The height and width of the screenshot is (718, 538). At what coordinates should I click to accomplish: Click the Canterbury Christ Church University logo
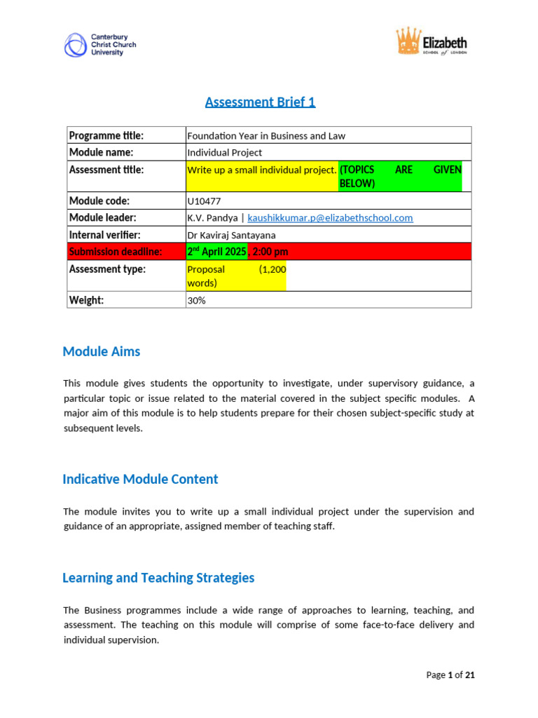pos(99,44)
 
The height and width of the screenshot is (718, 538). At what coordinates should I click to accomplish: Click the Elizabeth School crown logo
pos(431,43)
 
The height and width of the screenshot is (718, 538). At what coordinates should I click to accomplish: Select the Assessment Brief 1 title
pos(260,102)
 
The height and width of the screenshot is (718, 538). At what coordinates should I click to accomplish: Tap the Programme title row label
pos(106,135)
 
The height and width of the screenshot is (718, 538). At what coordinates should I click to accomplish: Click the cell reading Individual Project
pos(224,152)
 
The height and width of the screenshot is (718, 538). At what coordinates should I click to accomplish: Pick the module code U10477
pos(203,201)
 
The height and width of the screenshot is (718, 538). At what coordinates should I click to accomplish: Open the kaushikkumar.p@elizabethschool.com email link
pos(330,217)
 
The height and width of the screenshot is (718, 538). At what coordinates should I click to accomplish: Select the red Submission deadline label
pos(115,252)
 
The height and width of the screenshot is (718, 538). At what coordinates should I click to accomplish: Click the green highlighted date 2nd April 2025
pos(216,252)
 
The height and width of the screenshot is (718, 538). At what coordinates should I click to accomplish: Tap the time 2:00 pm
pos(270,252)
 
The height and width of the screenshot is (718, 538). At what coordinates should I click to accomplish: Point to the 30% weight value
pos(196,300)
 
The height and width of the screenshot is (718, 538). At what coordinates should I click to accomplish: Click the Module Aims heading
pos(101,352)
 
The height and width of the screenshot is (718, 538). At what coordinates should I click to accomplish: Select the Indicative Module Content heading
pos(140,480)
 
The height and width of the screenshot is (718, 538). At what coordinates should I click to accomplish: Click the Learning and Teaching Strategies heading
pos(158,578)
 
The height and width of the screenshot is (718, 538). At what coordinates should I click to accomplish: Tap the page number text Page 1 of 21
pos(450,675)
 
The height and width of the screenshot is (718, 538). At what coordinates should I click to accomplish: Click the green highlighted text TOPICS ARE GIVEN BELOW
pos(400,177)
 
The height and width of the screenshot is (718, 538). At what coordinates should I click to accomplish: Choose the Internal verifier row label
pos(104,234)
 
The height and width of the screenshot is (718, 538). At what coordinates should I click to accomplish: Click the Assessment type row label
pos(107,269)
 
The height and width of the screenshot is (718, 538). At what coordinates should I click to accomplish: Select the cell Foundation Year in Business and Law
pos(266,135)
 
